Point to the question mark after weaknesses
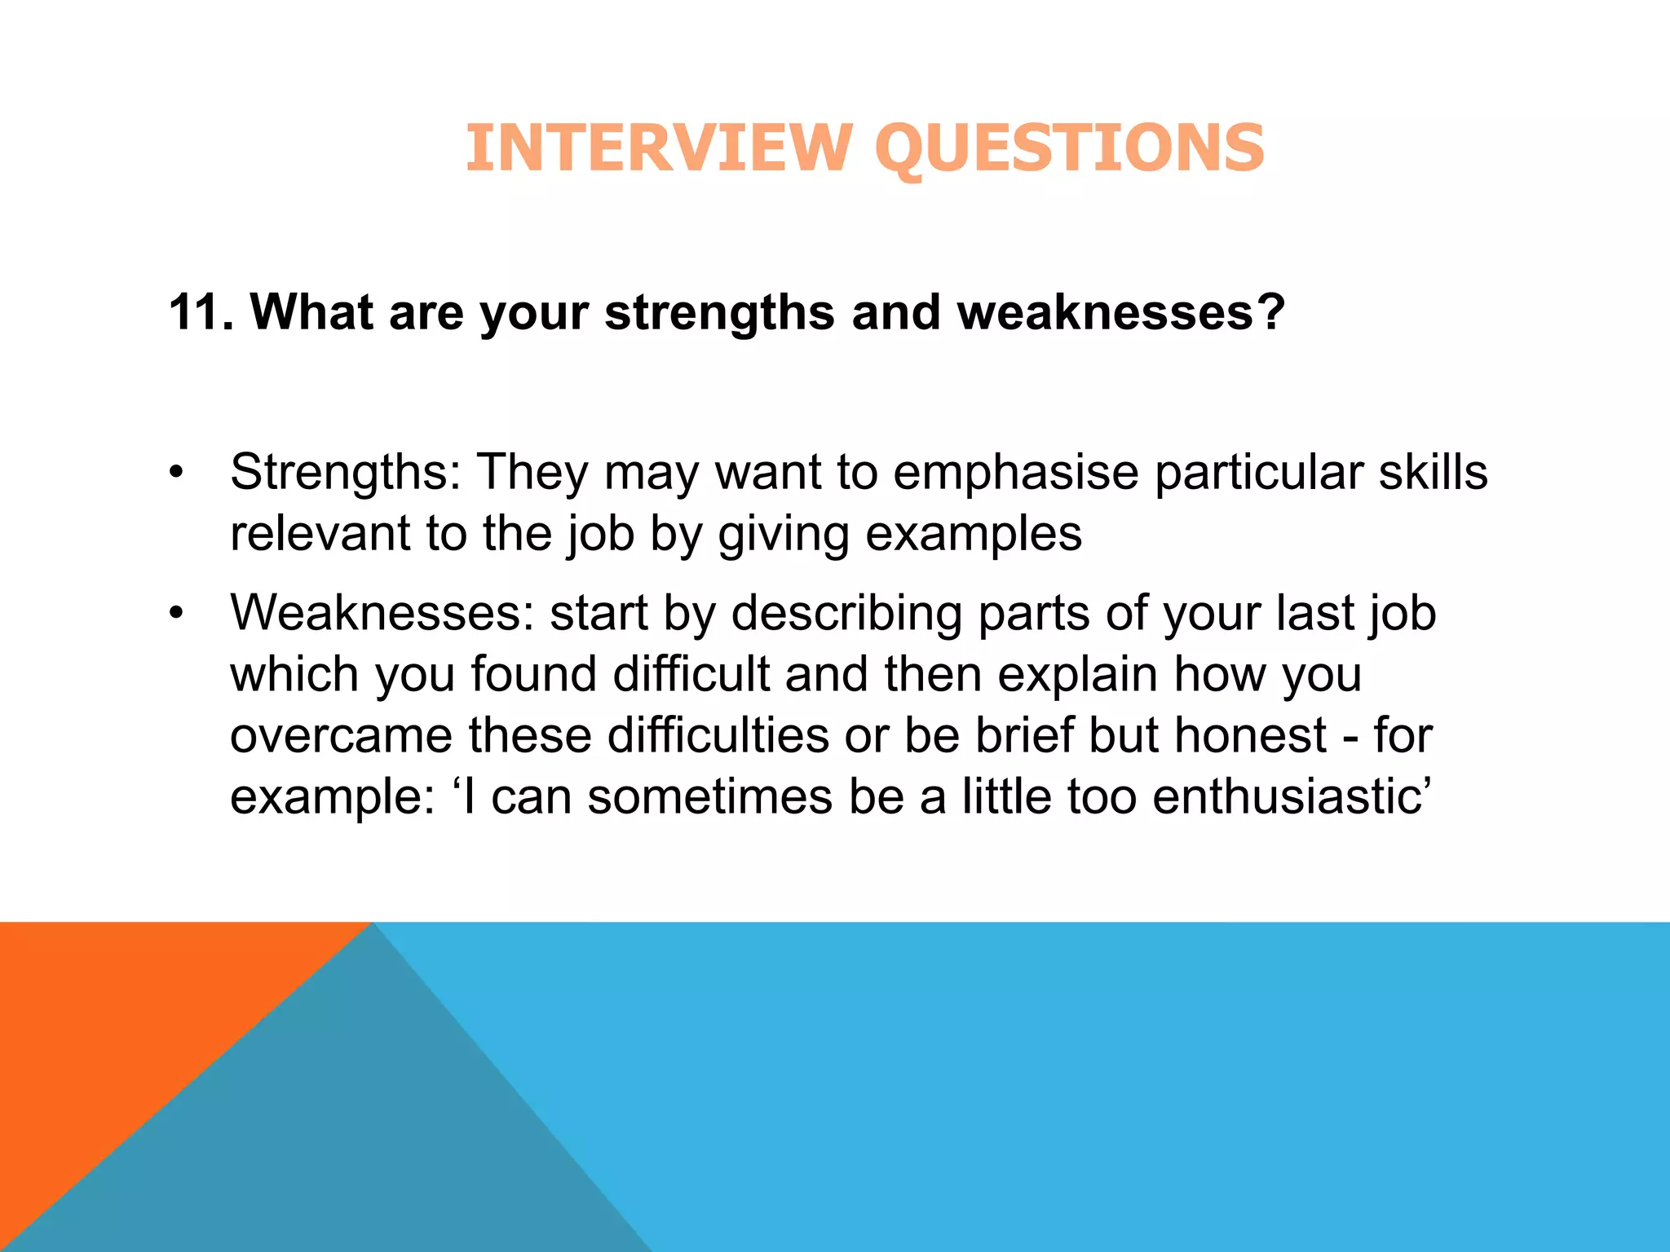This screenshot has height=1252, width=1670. click(x=1269, y=312)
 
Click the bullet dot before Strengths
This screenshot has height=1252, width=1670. click(x=176, y=474)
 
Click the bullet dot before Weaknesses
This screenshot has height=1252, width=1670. click(x=176, y=614)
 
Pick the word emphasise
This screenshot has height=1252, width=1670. click(x=1015, y=473)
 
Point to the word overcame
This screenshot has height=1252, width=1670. click(x=340, y=736)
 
